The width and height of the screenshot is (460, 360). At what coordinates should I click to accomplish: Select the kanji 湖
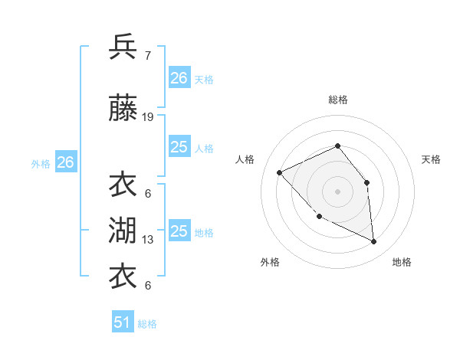pyautogui.click(x=123, y=229)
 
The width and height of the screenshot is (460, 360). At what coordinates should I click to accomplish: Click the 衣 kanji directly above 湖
pyautogui.click(x=123, y=185)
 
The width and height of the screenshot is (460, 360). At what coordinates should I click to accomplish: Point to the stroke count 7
pyautogui.click(x=148, y=56)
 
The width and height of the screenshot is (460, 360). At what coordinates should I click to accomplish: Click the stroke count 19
pyautogui.click(x=148, y=117)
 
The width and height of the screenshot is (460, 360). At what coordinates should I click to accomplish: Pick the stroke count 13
pyautogui.click(x=148, y=240)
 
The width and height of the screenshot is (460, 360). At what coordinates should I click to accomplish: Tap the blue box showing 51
pyautogui.click(x=123, y=322)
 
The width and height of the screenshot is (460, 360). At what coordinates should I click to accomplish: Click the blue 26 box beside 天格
pyautogui.click(x=179, y=78)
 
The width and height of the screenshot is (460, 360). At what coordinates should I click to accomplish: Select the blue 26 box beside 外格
pyautogui.click(x=65, y=162)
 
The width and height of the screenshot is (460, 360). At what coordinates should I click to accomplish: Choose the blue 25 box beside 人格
pyautogui.click(x=179, y=147)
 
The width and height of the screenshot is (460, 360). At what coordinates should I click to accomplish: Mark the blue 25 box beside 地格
pyautogui.click(x=179, y=231)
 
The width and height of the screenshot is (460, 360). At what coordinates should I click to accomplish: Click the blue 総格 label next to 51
pyautogui.click(x=147, y=324)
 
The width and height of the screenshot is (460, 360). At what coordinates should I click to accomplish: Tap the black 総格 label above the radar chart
pyautogui.click(x=337, y=100)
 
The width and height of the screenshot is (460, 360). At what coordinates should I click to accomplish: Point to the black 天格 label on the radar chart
pyautogui.click(x=432, y=159)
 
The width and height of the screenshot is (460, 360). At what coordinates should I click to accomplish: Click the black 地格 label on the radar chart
pyautogui.click(x=402, y=262)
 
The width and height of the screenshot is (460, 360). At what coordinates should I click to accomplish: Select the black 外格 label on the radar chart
pyautogui.click(x=270, y=262)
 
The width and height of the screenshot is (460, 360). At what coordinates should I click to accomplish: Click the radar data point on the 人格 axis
pyautogui.click(x=280, y=172)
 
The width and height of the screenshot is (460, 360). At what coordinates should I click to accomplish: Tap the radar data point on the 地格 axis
pyautogui.click(x=374, y=242)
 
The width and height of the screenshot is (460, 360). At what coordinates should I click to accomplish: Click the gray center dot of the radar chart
pyautogui.click(x=337, y=191)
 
